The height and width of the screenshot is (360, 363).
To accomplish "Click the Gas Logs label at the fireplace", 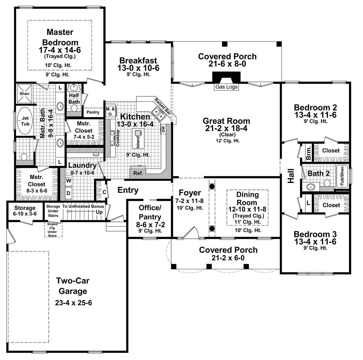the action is (x=226, y=87).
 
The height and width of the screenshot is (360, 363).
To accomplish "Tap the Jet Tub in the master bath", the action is (x=25, y=121).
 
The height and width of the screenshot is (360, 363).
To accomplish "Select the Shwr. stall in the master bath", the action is (x=25, y=94).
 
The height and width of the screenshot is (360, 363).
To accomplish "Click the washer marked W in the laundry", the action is (x=69, y=180).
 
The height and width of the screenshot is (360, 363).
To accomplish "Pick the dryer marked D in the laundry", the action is (x=69, y=193).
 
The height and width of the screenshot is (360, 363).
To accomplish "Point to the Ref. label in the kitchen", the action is (x=138, y=173).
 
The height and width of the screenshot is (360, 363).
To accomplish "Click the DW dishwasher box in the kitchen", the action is (x=163, y=129).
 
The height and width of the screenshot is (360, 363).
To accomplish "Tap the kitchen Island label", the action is (x=138, y=142).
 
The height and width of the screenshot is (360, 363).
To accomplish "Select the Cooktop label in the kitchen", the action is (x=118, y=138).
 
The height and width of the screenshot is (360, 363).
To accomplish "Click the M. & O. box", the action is (x=111, y=112).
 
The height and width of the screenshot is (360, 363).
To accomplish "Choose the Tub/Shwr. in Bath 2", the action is (x=342, y=176).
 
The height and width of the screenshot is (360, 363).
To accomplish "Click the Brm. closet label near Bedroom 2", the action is (x=308, y=154).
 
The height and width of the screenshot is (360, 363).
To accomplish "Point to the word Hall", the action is (x=291, y=176).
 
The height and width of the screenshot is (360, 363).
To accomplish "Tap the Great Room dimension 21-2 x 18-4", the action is (x=226, y=128).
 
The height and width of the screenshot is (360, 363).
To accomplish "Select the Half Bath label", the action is (x=74, y=99).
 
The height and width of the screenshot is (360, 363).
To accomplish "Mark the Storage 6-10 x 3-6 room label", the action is (x=25, y=211).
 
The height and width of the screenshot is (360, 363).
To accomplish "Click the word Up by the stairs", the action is (x=99, y=212).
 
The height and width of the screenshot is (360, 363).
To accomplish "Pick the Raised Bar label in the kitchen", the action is (x=162, y=106).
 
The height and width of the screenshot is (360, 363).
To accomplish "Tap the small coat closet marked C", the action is (x=104, y=192).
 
